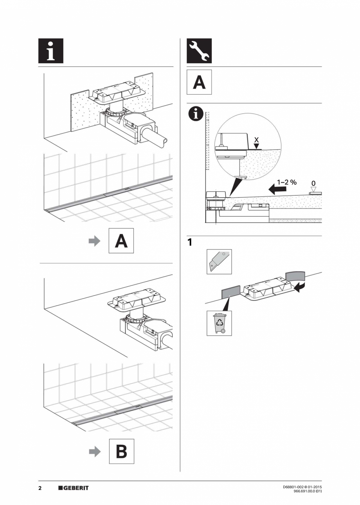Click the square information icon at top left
click(50, 51)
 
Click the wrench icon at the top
click(199, 51)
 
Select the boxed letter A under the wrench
click(199, 82)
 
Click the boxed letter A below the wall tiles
click(121, 241)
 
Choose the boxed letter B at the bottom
click(121, 451)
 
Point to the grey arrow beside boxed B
click(95, 451)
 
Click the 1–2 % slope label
click(287, 182)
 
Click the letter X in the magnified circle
click(256, 139)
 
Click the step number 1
click(190, 243)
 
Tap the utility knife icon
click(219, 262)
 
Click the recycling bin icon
click(219, 323)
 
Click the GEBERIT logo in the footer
click(73, 488)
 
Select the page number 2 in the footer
click(40, 488)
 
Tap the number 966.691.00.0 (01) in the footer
click(307, 491)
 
